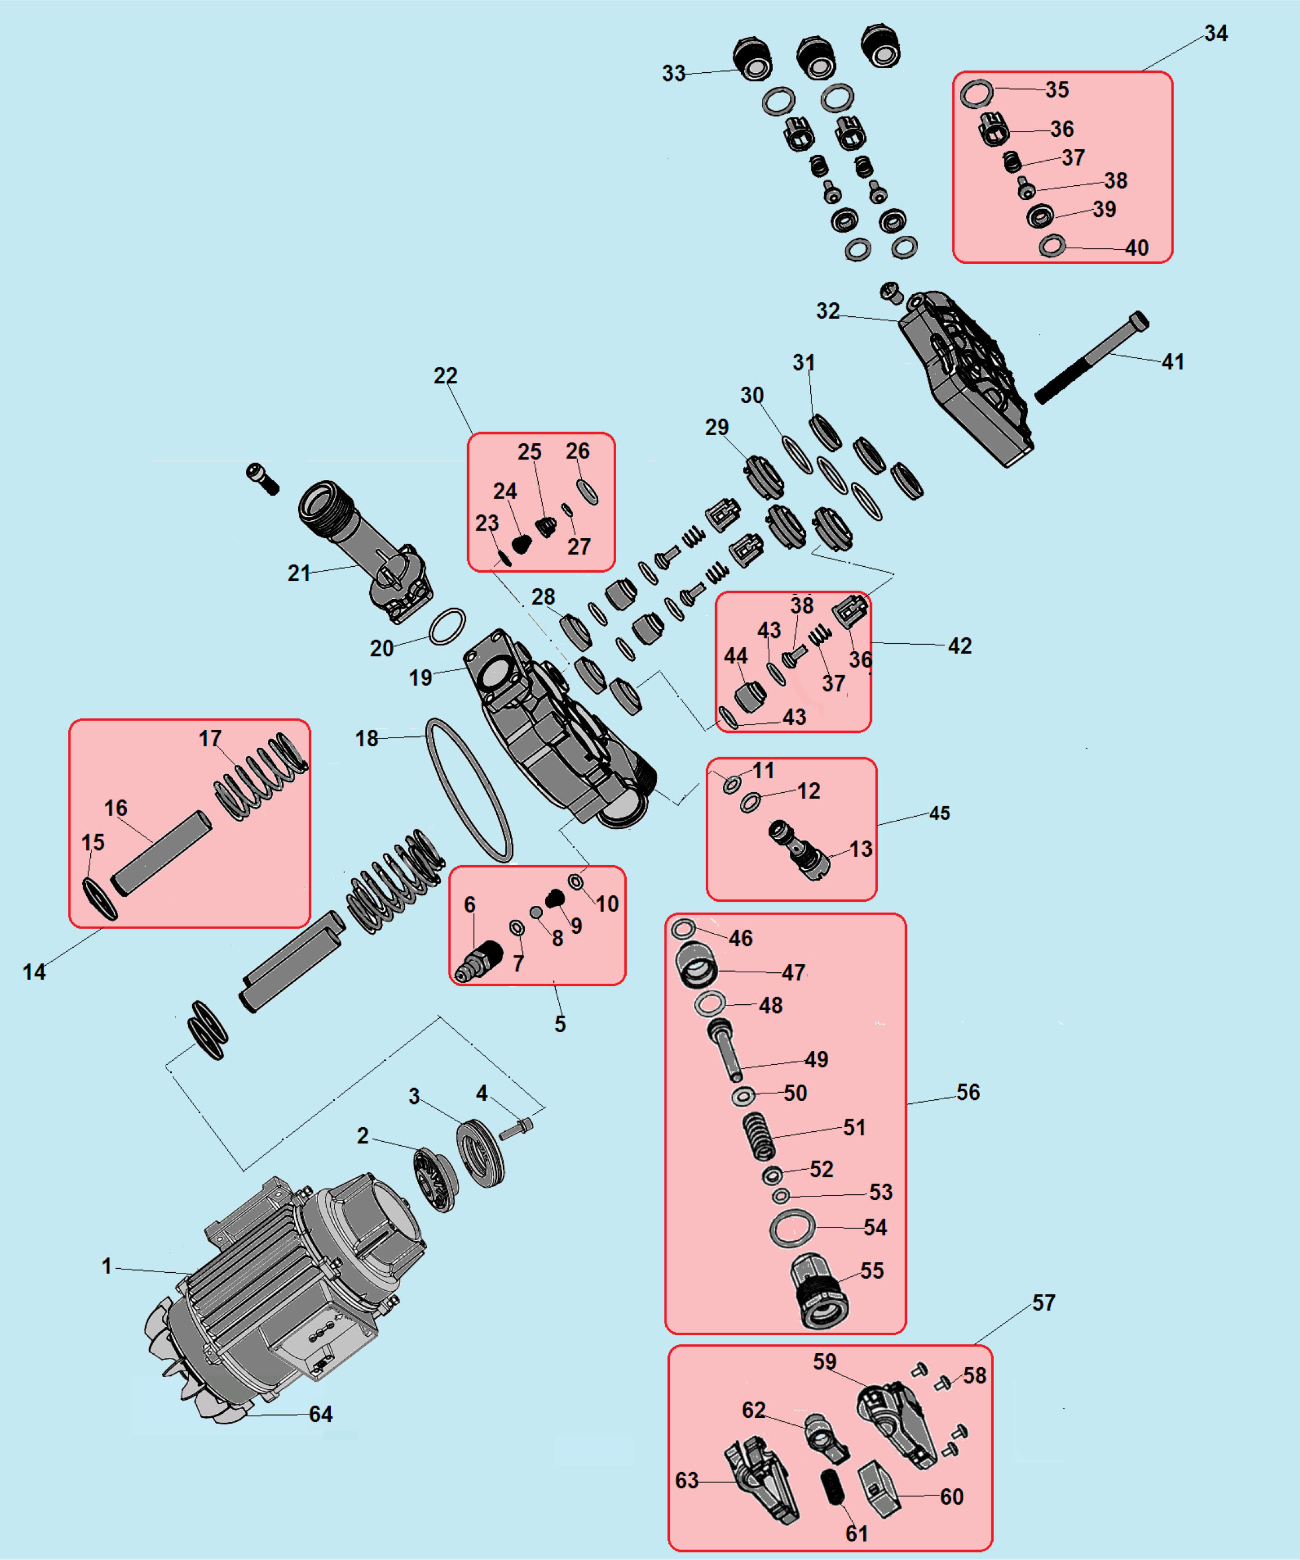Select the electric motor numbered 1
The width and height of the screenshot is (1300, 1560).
click(286, 1296)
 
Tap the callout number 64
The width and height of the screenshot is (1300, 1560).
click(321, 1414)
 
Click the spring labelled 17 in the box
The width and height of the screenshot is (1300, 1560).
click(261, 777)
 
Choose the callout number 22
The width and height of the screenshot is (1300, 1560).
click(445, 376)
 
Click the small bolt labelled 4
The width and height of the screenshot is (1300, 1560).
click(515, 1129)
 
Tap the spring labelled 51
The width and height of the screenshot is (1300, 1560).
click(759, 1136)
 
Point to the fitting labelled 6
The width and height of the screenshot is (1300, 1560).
click(480, 961)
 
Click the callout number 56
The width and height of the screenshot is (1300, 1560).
click(968, 1092)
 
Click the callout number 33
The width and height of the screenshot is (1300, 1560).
click(674, 73)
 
